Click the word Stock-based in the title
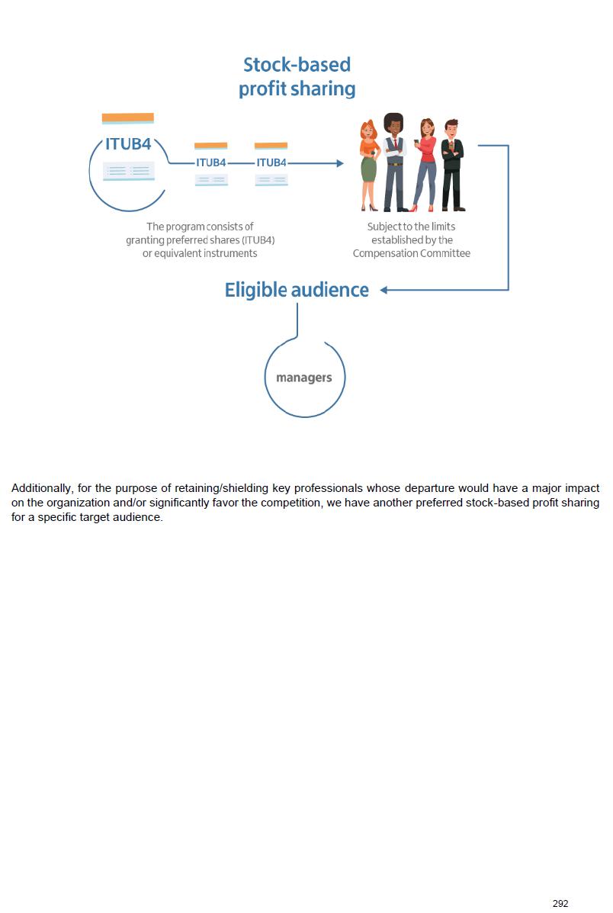(297, 64)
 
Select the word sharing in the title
(323, 89)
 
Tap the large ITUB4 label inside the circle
(128, 144)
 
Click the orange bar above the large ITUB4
(128, 118)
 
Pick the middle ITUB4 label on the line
(211, 162)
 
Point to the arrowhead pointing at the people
(339, 163)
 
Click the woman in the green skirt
(369, 164)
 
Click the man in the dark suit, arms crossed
(452, 164)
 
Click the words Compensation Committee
(411, 253)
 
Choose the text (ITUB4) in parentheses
(258, 240)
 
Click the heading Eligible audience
(297, 290)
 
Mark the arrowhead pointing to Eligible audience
(384, 290)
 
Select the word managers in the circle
(304, 378)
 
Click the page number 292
(560, 903)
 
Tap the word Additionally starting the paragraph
(41, 488)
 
